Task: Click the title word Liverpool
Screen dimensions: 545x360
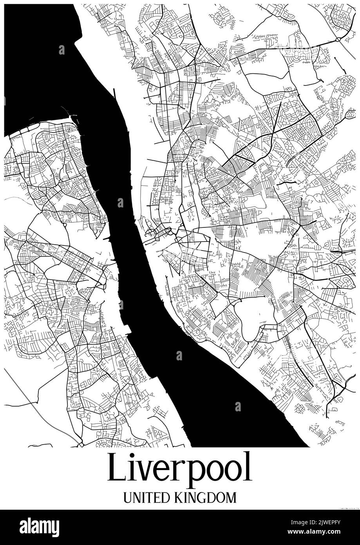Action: tap(179, 468)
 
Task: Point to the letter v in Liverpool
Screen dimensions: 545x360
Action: tap(145, 472)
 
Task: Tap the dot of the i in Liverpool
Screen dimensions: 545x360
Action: tap(132, 456)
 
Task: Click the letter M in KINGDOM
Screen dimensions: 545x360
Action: tap(231, 498)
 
